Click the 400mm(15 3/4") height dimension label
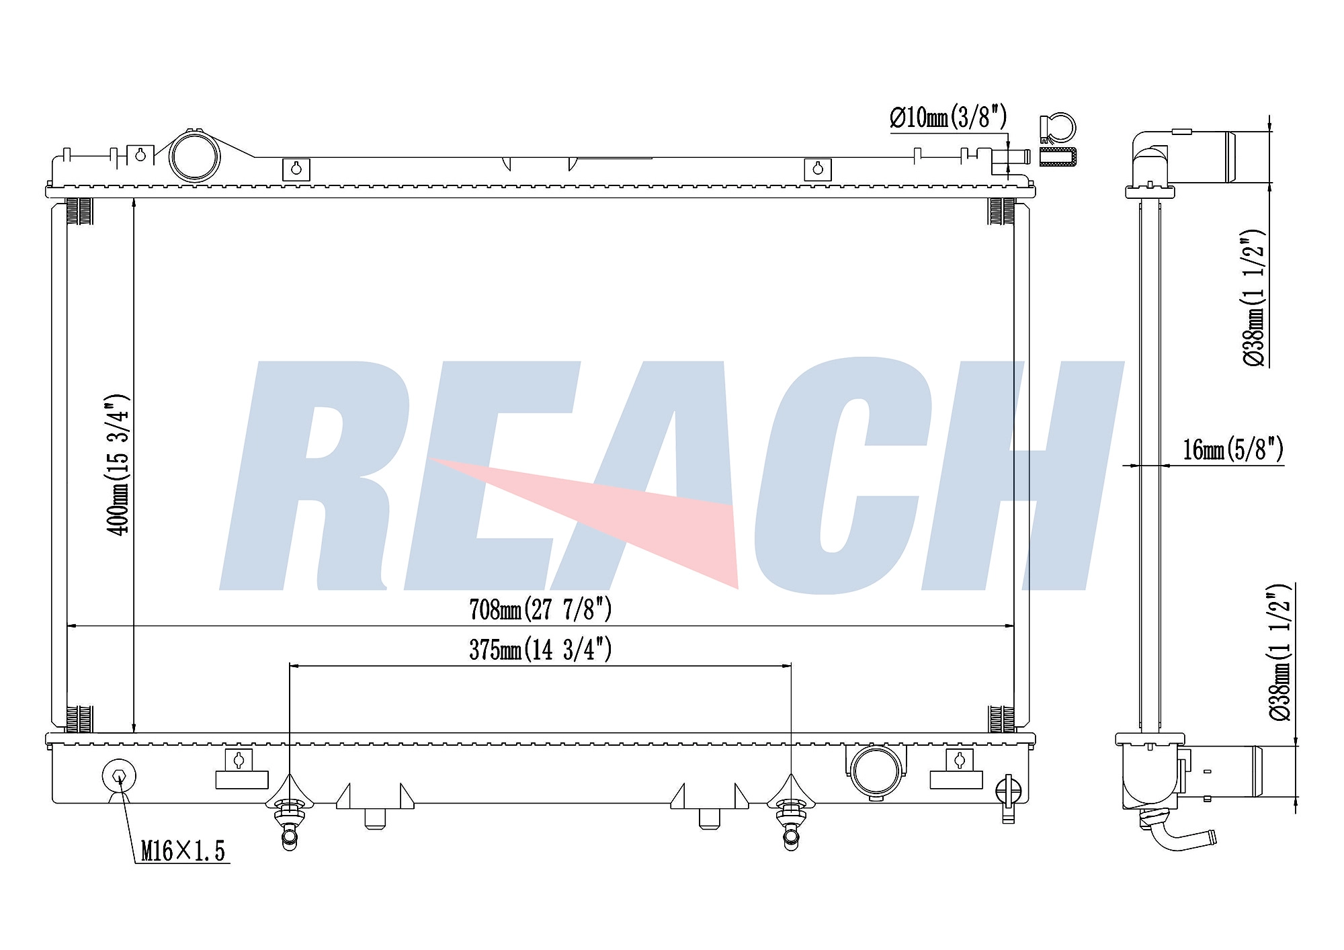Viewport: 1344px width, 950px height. tap(118, 464)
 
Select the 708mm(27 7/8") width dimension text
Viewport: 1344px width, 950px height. tap(540, 609)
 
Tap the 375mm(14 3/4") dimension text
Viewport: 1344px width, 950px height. tap(540, 650)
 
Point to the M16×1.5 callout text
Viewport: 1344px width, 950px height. tap(183, 851)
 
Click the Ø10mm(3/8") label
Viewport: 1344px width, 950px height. tap(948, 118)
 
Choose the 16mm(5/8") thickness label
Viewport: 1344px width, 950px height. tap(1233, 449)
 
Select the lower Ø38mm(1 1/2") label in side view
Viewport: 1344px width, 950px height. tap(1279, 652)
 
